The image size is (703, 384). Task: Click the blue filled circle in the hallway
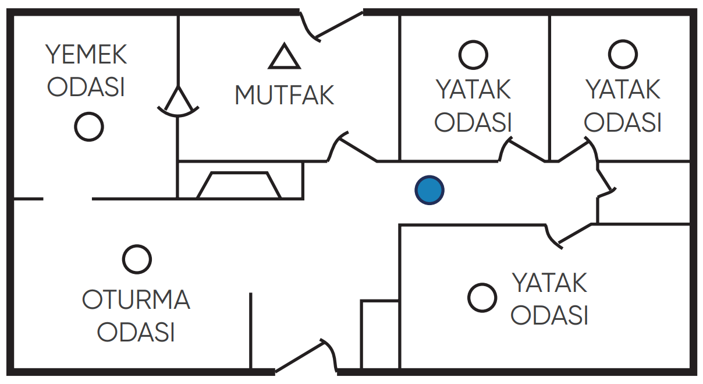click(x=429, y=191)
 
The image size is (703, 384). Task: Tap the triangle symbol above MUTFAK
click(x=285, y=57)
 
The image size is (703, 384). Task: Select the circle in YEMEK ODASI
click(x=89, y=126)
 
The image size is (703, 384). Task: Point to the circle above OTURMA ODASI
click(x=137, y=259)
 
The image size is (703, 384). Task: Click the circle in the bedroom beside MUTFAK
click(x=473, y=55)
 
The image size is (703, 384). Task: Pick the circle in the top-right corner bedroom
click(x=623, y=54)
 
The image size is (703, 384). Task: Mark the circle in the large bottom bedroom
click(x=482, y=298)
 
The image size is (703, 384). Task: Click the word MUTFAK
click(x=285, y=96)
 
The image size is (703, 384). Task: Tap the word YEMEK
click(x=86, y=55)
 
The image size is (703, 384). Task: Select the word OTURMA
click(x=136, y=300)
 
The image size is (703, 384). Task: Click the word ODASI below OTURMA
click(x=136, y=333)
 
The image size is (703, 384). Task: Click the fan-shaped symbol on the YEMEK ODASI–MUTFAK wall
click(x=178, y=103)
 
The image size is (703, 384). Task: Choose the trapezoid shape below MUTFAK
click(x=239, y=185)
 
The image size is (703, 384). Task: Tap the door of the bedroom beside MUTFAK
click(x=524, y=150)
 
